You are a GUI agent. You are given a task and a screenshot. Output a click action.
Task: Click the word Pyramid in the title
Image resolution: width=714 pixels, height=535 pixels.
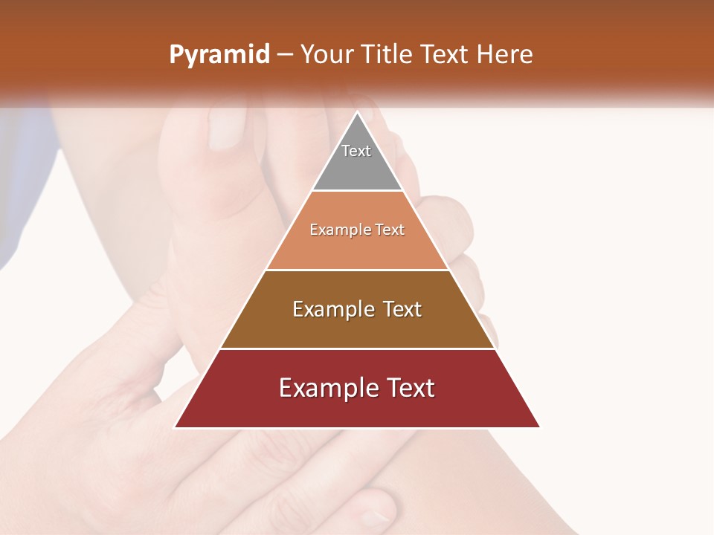click(x=219, y=55)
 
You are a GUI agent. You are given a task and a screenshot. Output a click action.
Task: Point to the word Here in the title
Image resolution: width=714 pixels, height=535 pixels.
click(x=504, y=55)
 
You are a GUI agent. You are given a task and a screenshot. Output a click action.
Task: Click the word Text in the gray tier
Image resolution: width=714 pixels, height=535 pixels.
click(x=356, y=151)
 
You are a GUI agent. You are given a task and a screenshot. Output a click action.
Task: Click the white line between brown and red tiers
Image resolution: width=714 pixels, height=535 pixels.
click(x=357, y=348)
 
